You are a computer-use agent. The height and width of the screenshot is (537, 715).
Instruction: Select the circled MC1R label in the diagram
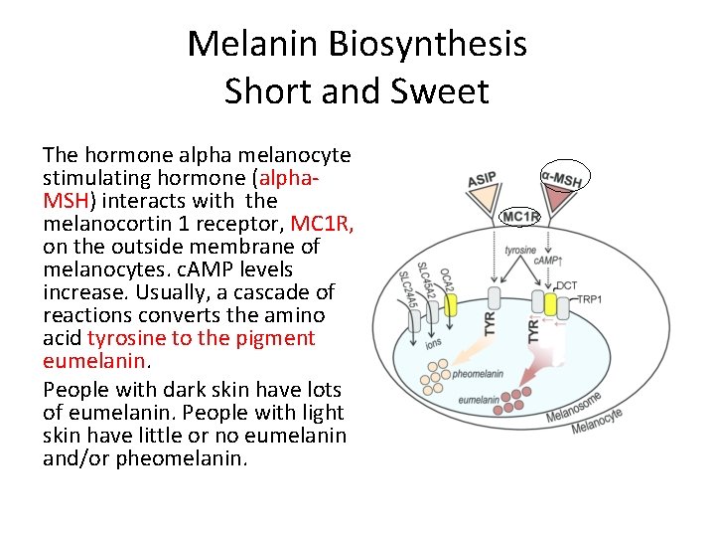point(520,216)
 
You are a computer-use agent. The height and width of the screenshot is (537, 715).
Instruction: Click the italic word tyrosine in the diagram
point(521,250)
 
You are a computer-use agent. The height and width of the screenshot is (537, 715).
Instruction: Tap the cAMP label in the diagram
point(548,261)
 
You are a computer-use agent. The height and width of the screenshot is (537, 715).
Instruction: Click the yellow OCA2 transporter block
point(451,303)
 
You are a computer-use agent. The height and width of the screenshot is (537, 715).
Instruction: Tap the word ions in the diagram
point(433,343)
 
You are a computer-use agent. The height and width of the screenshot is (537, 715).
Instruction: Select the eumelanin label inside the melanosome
point(479,400)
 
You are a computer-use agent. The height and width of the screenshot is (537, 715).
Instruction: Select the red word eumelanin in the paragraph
point(94,361)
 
